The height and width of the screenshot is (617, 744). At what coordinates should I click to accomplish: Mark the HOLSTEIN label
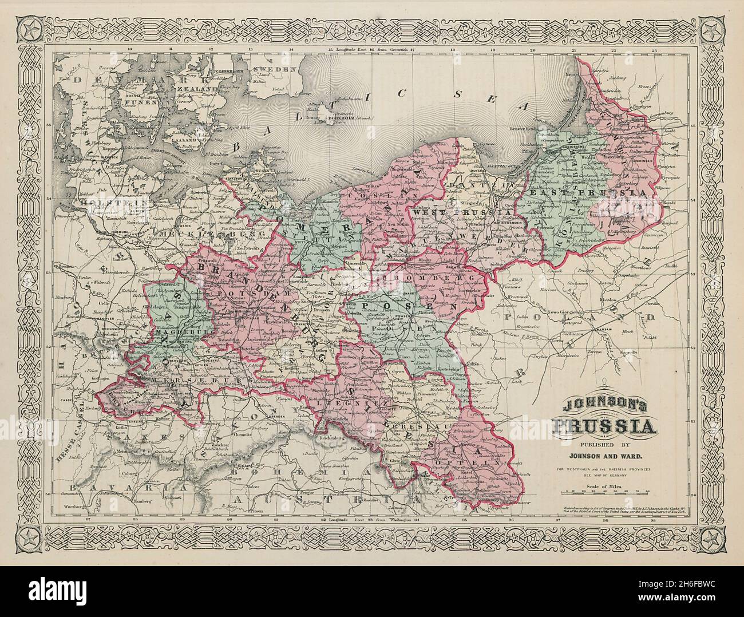point(112,202)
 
